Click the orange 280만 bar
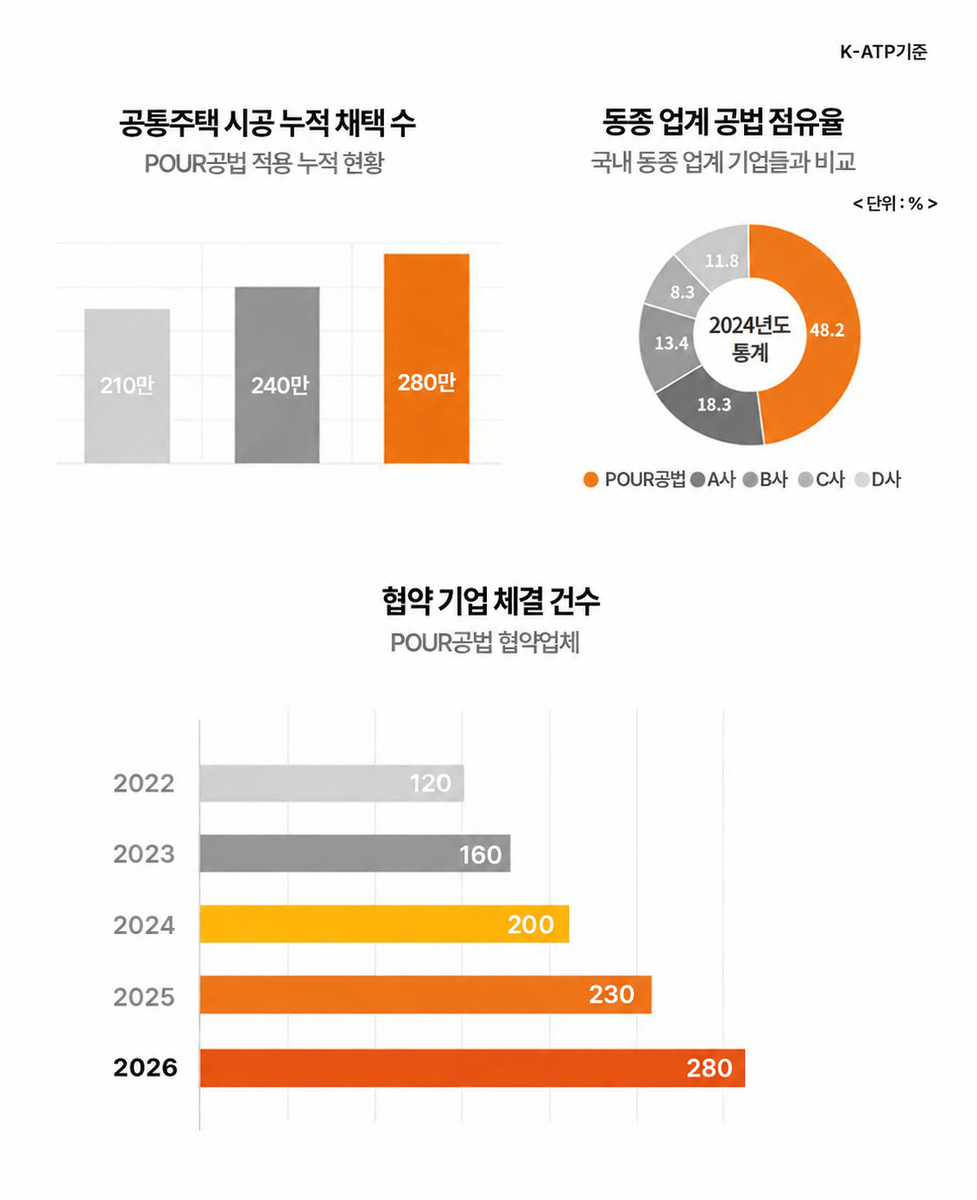(426, 358)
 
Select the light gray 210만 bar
(127, 386)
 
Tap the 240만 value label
(280, 385)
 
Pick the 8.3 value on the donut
(682, 292)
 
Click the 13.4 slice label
(671, 343)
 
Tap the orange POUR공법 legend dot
(590, 479)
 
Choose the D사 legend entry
(878, 479)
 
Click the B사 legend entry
(765, 479)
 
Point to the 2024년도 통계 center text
(749, 338)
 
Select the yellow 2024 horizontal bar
(384, 924)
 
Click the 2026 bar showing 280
(472, 1068)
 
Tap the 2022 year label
(144, 783)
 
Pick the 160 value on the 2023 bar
(481, 855)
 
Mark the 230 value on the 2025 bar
(612, 995)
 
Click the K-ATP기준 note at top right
(883, 52)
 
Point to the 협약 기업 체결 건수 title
(490, 601)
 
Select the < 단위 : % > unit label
(895, 204)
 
